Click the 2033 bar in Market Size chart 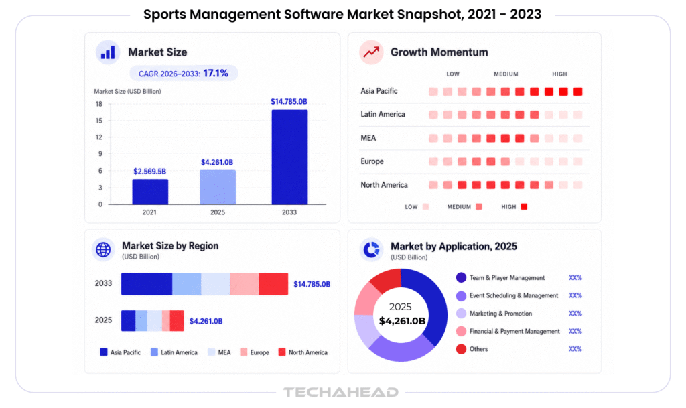coord(289,157)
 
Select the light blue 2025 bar coord(218,187)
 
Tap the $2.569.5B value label coord(149,172)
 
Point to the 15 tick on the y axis coord(99,121)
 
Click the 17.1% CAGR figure coord(216,73)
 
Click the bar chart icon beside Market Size coord(108,52)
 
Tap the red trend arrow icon coord(371,52)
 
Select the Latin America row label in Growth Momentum coord(383,114)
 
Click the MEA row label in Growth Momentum coord(368,138)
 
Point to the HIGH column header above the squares coord(559,74)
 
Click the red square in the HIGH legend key coord(524,206)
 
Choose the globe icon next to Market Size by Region coord(103,249)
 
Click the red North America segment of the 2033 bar coord(273,284)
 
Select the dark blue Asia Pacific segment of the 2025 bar coord(128,320)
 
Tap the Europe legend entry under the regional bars coord(255,352)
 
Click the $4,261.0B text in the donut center coord(402,321)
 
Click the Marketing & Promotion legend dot coord(461,313)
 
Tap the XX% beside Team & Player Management coord(575,277)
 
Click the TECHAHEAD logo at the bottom coord(341,392)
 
